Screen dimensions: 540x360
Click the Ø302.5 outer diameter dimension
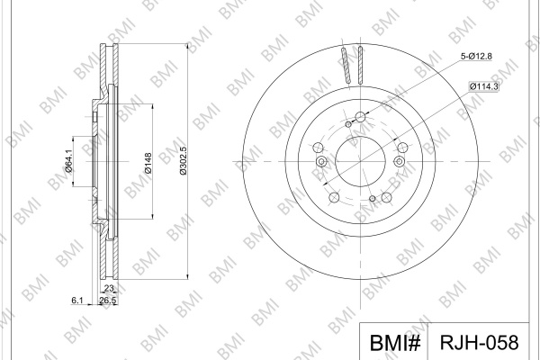(184, 160)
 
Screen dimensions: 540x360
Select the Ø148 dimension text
(148, 163)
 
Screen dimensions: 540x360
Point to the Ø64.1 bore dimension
(68, 161)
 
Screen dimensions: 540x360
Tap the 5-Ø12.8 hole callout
(476, 56)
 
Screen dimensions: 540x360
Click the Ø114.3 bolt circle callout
(483, 86)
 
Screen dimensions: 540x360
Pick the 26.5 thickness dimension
(108, 301)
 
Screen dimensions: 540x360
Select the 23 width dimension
(109, 288)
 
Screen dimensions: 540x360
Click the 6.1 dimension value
(77, 301)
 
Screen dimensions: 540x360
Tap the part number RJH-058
(479, 342)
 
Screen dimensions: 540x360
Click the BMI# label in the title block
(395, 343)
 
